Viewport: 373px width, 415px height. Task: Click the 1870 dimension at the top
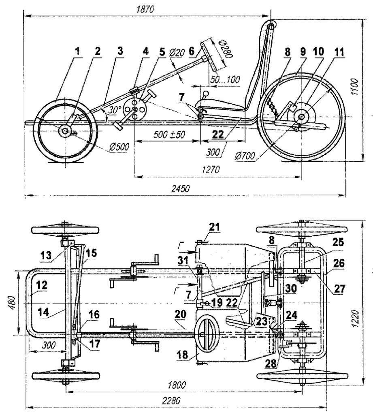point(145,10)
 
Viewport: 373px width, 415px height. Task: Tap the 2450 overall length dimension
point(181,189)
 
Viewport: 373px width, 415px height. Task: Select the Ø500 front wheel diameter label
point(119,147)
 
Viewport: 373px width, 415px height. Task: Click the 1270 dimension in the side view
point(211,169)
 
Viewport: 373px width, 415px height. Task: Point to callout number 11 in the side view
point(339,52)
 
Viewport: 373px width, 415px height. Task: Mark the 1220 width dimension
point(356,319)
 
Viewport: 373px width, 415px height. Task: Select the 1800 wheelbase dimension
point(177,385)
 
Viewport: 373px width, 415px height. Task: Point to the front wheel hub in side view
point(64,130)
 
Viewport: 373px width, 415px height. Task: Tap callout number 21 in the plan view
point(215,227)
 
